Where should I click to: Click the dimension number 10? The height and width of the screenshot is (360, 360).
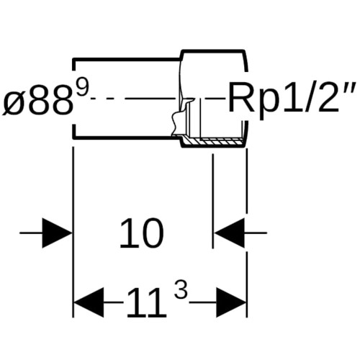(x=142, y=233)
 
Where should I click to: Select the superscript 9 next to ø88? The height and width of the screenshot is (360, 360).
(x=81, y=88)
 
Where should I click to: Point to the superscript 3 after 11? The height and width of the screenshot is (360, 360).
(x=181, y=289)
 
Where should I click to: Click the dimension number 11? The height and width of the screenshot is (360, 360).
(x=146, y=302)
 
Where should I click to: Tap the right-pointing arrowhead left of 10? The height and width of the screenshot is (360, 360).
(x=57, y=233)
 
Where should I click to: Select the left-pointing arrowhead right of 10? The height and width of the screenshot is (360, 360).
(x=230, y=233)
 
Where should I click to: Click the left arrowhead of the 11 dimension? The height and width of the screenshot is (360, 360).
(x=89, y=302)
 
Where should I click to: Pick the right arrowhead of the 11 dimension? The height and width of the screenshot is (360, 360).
(x=231, y=302)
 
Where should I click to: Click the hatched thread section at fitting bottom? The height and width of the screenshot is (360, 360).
(x=214, y=142)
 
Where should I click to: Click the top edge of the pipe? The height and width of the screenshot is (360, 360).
(x=127, y=59)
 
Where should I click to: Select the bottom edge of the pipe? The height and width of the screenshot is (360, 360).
(x=127, y=138)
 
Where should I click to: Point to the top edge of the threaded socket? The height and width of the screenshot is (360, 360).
(x=213, y=51)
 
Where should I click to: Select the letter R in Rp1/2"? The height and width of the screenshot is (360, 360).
(x=241, y=96)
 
